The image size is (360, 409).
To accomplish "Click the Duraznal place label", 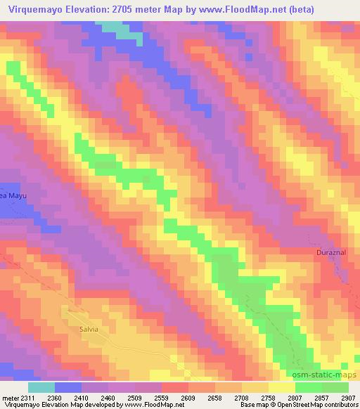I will (x=328, y=251).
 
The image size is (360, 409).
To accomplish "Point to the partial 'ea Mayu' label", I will (x=13, y=196).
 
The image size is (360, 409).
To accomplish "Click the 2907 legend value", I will (x=348, y=397).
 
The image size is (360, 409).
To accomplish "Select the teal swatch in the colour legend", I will (x=41, y=387).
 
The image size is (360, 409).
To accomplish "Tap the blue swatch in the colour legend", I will (x=68, y=387).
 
